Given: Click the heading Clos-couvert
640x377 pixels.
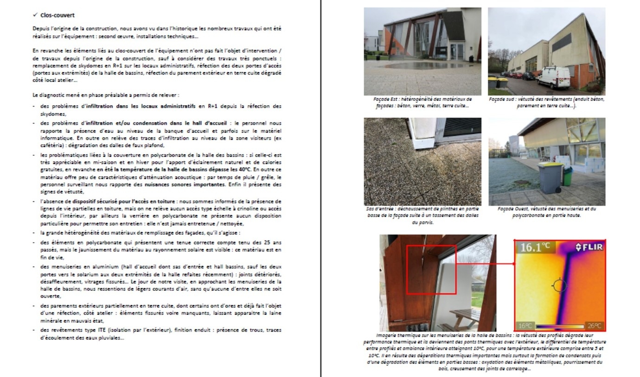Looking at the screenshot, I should click(x=57, y=15).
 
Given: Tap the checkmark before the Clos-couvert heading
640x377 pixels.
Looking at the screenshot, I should click(x=35, y=15).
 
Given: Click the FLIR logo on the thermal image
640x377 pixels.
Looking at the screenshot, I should click(x=589, y=247).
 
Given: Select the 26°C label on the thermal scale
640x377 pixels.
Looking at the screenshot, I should click(x=595, y=326).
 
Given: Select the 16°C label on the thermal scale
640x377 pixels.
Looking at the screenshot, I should click(x=525, y=326).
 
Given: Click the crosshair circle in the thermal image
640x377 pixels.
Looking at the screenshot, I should click(x=559, y=285).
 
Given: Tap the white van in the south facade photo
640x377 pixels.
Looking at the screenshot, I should click(x=554, y=77).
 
